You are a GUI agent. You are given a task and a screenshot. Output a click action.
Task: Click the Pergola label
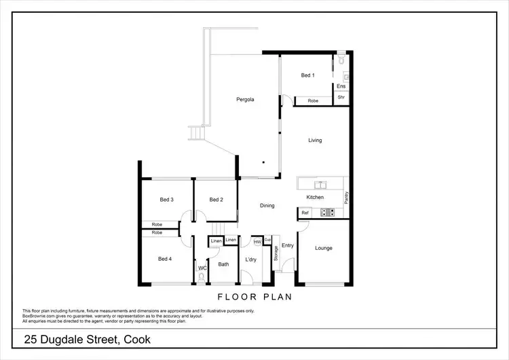tap(245, 100)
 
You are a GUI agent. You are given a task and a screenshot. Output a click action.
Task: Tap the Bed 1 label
tap(308, 75)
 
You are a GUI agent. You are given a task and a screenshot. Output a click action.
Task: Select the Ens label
tap(341, 86)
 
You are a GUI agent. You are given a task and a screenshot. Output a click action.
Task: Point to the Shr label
tap(341, 97)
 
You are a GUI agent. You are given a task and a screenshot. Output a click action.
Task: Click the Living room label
tap(315, 141)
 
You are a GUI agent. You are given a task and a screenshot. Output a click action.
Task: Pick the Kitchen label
tap(315, 197)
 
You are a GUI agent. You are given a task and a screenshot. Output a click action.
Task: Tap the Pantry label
tap(346, 198)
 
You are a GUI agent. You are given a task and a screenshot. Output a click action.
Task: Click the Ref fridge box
tap(305, 213)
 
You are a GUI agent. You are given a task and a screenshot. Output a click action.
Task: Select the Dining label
tap(267, 205)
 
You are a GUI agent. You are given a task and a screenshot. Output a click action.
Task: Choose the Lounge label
tap(324, 248)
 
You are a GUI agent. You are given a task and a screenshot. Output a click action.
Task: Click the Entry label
tap(287, 246)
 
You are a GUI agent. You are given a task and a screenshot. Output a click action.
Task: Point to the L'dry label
tap(250, 259)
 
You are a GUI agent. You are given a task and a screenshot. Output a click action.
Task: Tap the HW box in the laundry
tap(257, 241)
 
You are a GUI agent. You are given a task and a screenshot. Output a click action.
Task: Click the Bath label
tap(223, 264)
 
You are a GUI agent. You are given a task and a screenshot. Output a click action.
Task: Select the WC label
tap(202, 269)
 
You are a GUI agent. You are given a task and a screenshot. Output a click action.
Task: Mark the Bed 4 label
tap(166, 259)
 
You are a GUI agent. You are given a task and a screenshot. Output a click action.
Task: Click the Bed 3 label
tap(167, 200)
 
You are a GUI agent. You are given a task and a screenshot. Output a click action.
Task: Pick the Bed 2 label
tap(216, 200)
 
